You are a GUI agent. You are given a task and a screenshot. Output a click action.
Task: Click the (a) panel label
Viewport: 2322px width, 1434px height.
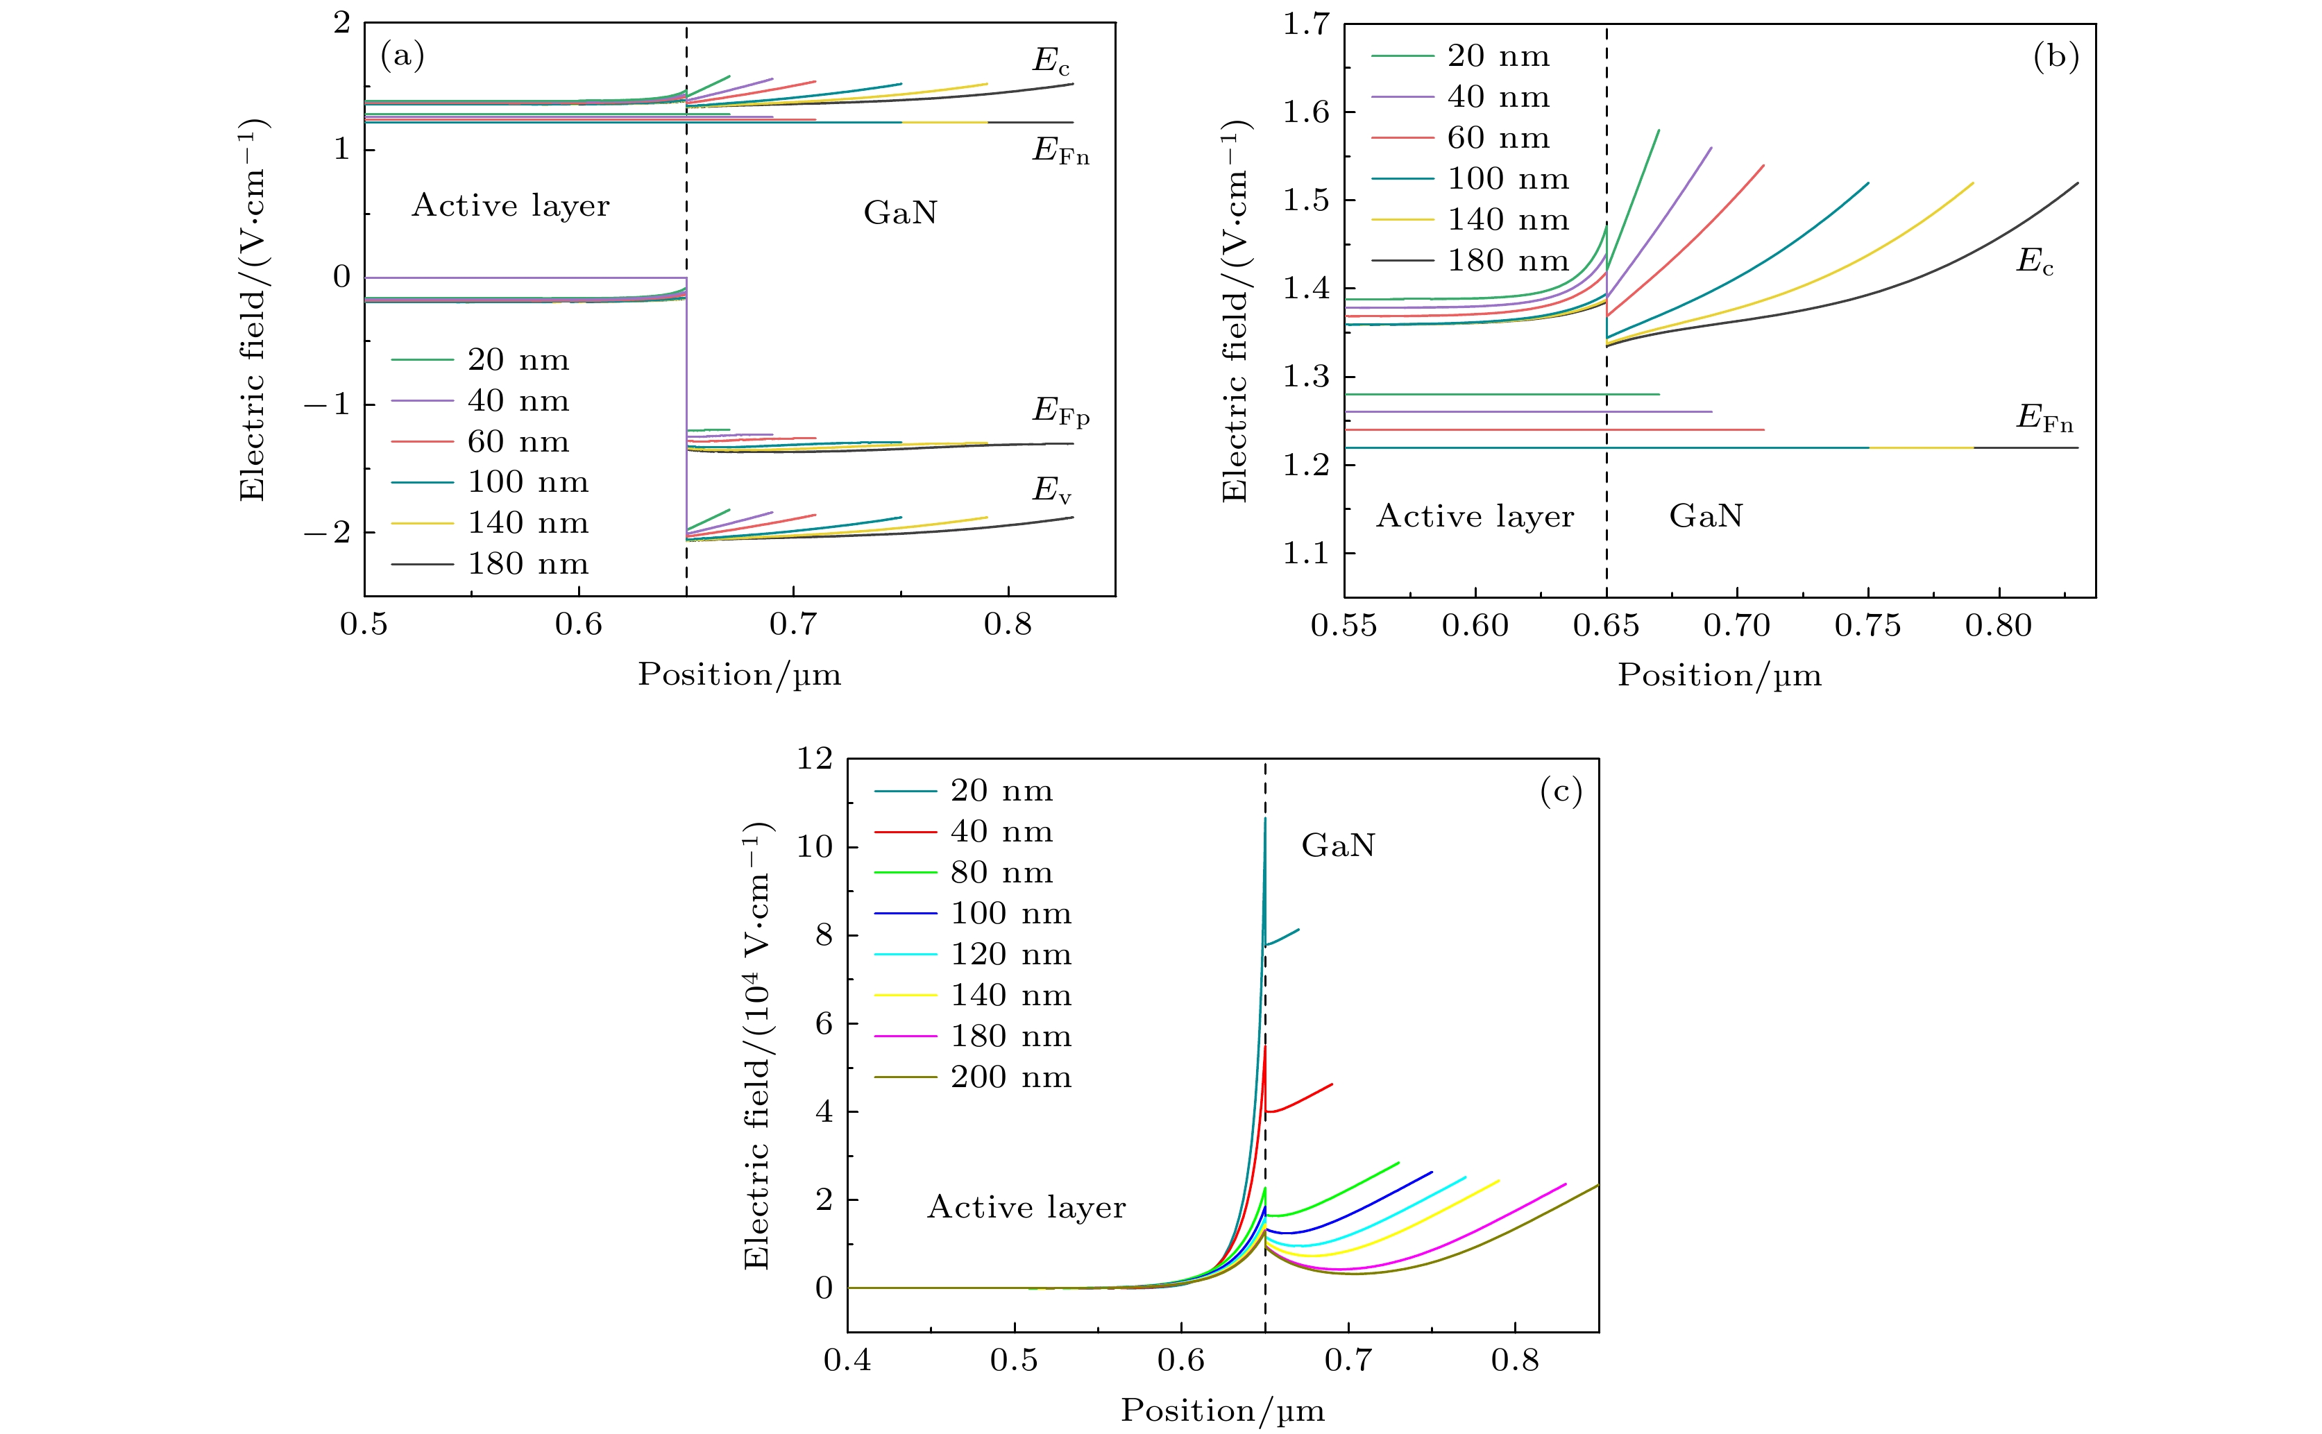(x=402, y=57)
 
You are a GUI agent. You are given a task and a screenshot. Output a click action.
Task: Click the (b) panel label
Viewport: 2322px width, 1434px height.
(x=2056, y=57)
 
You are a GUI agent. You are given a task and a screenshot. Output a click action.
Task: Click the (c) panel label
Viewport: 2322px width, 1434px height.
(x=1560, y=791)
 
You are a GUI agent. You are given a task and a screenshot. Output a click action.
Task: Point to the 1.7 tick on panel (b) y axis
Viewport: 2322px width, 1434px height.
(x=1306, y=24)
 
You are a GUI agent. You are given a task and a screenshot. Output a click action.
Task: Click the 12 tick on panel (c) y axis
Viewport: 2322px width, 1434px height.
(x=814, y=759)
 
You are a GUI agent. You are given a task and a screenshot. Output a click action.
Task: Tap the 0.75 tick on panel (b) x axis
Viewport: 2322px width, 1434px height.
(x=1867, y=626)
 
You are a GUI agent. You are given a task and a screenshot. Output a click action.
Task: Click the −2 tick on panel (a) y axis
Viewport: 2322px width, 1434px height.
(x=326, y=532)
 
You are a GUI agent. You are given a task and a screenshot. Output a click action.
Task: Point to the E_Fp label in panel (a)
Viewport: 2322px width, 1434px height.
(x=1060, y=411)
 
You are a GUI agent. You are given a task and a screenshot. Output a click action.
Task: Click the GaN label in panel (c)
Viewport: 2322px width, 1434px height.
(x=1337, y=845)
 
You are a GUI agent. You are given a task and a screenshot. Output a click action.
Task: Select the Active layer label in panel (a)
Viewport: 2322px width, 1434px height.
(x=510, y=206)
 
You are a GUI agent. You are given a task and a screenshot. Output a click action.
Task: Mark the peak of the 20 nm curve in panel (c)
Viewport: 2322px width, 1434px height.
(x=1265, y=819)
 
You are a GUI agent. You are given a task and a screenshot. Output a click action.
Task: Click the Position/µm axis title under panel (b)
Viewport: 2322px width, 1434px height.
(x=1719, y=674)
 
